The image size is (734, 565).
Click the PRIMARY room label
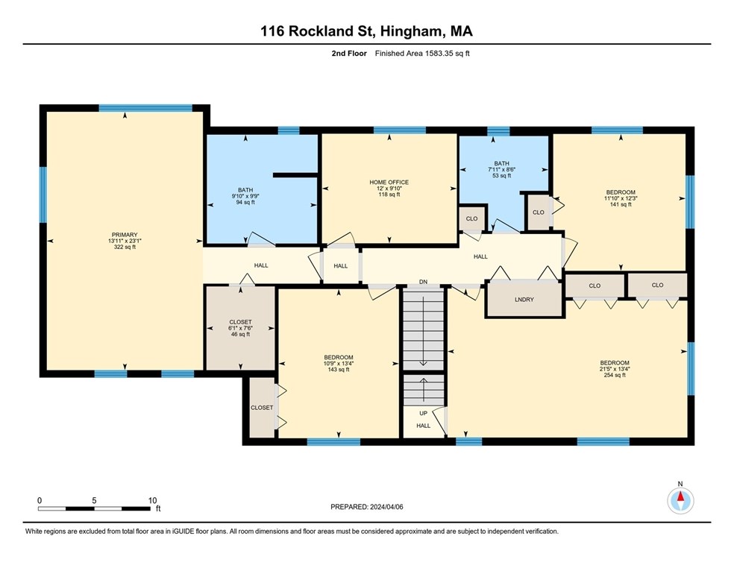click(x=125, y=235)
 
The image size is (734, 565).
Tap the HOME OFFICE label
click(x=389, y=183)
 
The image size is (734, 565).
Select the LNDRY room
click(x=524, y=300)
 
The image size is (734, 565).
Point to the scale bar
click(x=95, y=508)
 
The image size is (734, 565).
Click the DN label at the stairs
click(x=423, y=282)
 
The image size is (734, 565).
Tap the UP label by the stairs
click(x=423, y=414)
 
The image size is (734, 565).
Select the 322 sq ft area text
click(x=125, y=247)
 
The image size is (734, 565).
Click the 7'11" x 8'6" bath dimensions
click(x=502, y=170)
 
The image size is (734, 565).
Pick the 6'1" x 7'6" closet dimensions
click(x=241, y=328)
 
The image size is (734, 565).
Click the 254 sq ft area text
click(x=615, y=375)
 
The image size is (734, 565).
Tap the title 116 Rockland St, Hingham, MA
click(x=366, y=31)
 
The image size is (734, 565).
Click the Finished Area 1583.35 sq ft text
click(x=422, y=54)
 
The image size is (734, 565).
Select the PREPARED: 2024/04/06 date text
click(x=367, y=507)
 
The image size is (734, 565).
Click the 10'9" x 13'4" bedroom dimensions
click(x=339, y=364)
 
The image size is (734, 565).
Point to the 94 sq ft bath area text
click(x=245, y=203)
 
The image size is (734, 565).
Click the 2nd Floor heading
click(x=349, y=54)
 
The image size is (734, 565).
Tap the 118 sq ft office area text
click(x=389, y=195)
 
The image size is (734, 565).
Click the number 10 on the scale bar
click(x=152, y=500)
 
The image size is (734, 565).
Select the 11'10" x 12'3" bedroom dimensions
click(x=621, y=198)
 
